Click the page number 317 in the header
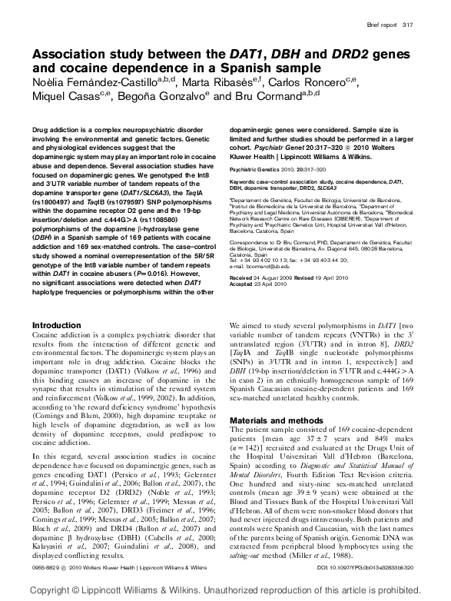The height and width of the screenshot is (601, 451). pos(415,26)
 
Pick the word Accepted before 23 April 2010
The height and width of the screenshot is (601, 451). pos(244,284)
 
